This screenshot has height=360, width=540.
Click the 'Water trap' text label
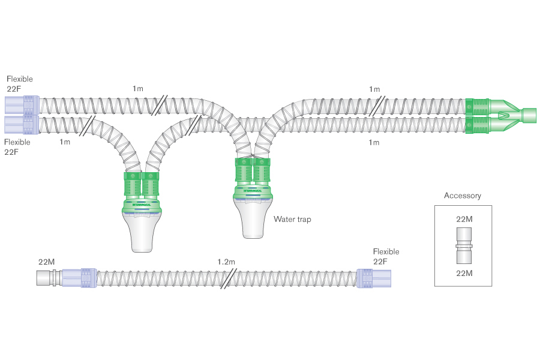click(292, 220)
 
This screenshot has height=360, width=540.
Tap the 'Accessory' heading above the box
click(462, 196)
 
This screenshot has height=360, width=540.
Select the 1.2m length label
click(226, 262)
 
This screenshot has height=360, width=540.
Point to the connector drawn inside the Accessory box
click(463, 246)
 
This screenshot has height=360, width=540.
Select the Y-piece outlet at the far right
click(529, 115)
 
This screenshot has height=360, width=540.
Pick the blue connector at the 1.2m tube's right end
click(373, 279)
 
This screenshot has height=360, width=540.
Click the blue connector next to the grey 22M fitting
click(76, 278)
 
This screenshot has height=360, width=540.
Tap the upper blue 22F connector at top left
click(22, 105)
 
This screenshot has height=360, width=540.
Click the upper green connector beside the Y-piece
click(478, 106)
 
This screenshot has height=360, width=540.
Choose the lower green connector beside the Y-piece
click(478, 124)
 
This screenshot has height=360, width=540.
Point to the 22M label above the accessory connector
click(464, 220)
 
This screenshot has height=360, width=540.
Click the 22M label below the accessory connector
click(464, 274)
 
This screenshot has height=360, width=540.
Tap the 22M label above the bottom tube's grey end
click(47, 262)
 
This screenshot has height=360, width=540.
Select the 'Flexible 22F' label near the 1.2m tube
click(386, 257)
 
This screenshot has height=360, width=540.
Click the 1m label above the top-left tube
click(138, 89)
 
